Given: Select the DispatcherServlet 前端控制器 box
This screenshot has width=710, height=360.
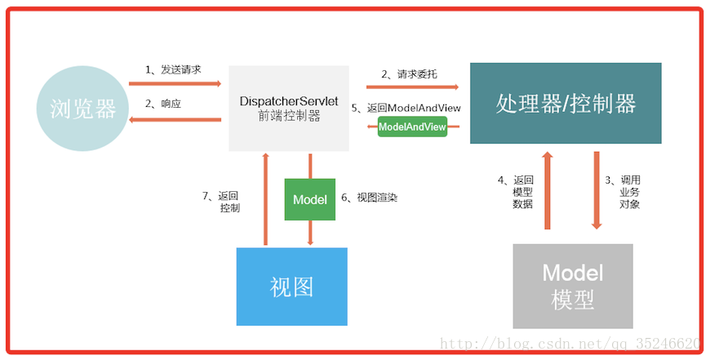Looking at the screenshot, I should tap(289, 109).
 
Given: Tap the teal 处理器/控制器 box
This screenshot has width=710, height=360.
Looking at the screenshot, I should tap(566, 104).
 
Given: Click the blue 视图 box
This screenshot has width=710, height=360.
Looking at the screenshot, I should tap(291, 287).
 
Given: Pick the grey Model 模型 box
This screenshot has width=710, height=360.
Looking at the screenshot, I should tap(572, 286).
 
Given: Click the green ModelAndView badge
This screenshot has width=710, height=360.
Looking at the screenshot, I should tap(412, 127).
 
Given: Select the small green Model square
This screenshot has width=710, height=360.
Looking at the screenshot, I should tap(309, 199).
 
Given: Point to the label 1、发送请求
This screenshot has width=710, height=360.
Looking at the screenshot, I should tap(173, 70).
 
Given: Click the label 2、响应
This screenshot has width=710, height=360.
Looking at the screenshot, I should tap(162, 104).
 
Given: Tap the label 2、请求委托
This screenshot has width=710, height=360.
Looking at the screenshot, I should tap(409, 74).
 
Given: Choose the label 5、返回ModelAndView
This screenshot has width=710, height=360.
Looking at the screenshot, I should tap(406, 108).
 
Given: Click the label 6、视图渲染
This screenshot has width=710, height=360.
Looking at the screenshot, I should tap(370, 198).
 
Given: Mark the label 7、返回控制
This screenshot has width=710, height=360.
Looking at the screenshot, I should tap(221, 202).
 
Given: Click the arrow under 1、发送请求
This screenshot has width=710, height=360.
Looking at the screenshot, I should tap(175, 83).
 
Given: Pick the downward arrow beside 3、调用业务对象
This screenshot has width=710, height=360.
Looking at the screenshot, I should tap(597, 190).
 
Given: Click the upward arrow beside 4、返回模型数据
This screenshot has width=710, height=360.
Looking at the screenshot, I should tap(548, 190).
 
